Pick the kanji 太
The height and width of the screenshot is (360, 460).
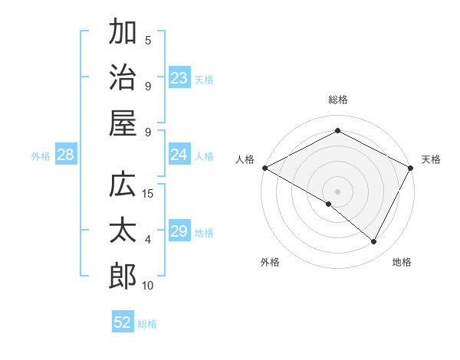click(123, 231)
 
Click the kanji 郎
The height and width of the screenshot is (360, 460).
click(123, 277)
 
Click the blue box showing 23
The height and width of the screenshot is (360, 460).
click(179, 77)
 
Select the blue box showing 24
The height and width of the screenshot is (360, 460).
click(179, 155)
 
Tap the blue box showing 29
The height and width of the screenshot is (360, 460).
click(179, 231)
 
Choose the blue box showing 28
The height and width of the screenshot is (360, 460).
click(66, 155)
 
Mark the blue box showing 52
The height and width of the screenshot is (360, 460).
click(123, 322)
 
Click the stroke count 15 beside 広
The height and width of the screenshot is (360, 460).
click(149, 193)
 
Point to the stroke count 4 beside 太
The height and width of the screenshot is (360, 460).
click(148, 240)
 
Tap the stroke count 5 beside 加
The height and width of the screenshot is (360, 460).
click(148, 40)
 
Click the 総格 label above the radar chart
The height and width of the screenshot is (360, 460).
click(338, 100)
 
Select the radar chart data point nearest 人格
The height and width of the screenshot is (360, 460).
click(264, 167)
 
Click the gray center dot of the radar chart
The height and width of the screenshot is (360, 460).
click(338, 191)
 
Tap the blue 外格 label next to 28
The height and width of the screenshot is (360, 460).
click(41, 155)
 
